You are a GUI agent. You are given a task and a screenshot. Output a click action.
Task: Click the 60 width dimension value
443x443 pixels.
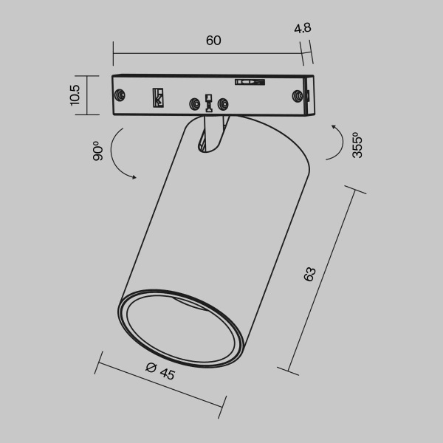pyautogui.click(x=213, y=41)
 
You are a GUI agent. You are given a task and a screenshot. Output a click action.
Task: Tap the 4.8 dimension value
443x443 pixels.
pyautogui.click(x=302, y=29)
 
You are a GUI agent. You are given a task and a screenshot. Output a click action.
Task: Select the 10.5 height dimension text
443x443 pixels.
pyautogui.click(x=74, y=95)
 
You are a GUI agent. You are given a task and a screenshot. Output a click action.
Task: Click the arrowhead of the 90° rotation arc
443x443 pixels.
pyautogui.click(x=134, y=176)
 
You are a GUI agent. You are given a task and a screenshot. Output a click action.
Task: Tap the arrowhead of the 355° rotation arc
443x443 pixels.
pyautogui.click(x=334, y=128)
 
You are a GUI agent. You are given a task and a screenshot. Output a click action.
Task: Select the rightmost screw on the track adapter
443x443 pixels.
pyautogui.click(x=298, y=96)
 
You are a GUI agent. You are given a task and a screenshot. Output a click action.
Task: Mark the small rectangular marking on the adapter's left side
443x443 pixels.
pyautogui.click(x=157, y=97)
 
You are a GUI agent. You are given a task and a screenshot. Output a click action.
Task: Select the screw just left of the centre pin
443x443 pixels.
pyautogui.click(x=195, y=104)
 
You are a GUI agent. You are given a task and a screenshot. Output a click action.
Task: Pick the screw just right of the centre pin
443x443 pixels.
pyautogui.click(x=224, y=104)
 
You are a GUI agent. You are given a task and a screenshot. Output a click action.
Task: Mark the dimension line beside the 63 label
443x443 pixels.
pyautogui.click(x=325, y=281)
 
